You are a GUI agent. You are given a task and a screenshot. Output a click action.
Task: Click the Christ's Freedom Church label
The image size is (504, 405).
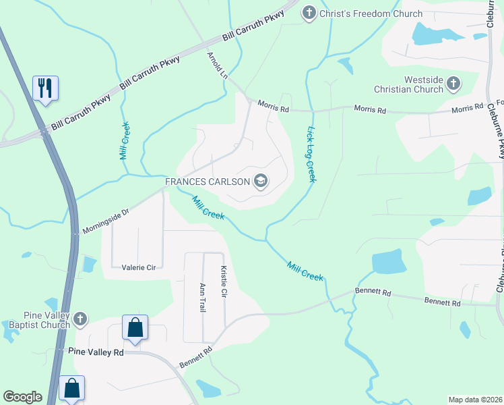coord(371,13)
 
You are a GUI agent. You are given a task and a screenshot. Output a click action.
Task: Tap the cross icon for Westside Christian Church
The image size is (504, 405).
coord(453,84)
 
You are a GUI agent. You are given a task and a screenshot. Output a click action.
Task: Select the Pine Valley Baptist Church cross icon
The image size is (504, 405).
coord(80,319)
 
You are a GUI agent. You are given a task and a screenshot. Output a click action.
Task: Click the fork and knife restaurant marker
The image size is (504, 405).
coord(45,88)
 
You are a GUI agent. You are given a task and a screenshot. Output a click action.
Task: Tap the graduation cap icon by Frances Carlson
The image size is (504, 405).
coord(261,181)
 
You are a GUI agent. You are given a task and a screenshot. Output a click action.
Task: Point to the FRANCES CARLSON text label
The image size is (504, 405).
coord(208,181)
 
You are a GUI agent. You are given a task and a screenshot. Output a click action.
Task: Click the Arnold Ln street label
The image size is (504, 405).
coord(217,65)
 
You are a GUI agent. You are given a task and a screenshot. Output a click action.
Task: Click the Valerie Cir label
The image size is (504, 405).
coord(139,267)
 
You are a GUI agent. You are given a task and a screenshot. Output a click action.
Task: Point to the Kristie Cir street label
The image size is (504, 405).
coord(224,282)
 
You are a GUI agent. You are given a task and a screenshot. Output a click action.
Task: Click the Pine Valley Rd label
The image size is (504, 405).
coord(96,352)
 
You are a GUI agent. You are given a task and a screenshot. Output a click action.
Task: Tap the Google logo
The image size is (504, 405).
coord(22,397)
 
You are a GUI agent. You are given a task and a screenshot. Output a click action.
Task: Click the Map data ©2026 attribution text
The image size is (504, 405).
coord(475,399)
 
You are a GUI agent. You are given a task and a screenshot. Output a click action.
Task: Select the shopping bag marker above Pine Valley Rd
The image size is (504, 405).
coord(135,328)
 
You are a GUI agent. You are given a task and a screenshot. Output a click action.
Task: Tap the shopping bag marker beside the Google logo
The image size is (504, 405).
coord(71,388)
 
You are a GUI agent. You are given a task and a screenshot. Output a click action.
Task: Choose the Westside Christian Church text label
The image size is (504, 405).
coord(410,84)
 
